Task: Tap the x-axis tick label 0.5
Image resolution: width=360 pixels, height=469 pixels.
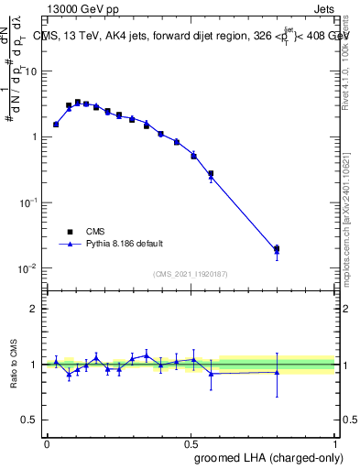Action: (x=191, y=442)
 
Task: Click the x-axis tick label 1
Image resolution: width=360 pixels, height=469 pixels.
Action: (x=334, y=442)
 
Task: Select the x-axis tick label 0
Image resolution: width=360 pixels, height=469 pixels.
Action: (x=47, y=442)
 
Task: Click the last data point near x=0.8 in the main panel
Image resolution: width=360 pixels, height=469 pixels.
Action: (x=277, y=248)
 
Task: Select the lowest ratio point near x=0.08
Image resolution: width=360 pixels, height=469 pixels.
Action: (x=69, y=374)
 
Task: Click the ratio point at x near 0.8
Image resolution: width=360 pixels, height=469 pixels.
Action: (x=277, y=372)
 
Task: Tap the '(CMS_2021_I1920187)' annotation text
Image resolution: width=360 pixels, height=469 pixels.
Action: (x=190, y=274)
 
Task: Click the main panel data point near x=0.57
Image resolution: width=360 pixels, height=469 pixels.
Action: (x=211, y=174)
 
